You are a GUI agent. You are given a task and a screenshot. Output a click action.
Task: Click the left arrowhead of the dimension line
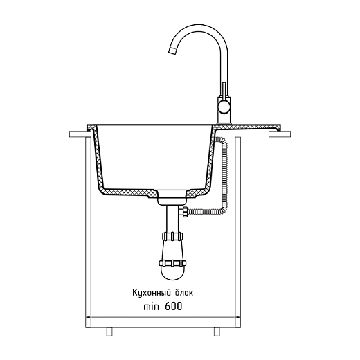pos(88,319)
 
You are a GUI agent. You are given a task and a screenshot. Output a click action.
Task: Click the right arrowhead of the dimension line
pos(237,319)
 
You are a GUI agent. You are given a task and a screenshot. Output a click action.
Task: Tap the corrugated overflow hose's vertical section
pos(224,173)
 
